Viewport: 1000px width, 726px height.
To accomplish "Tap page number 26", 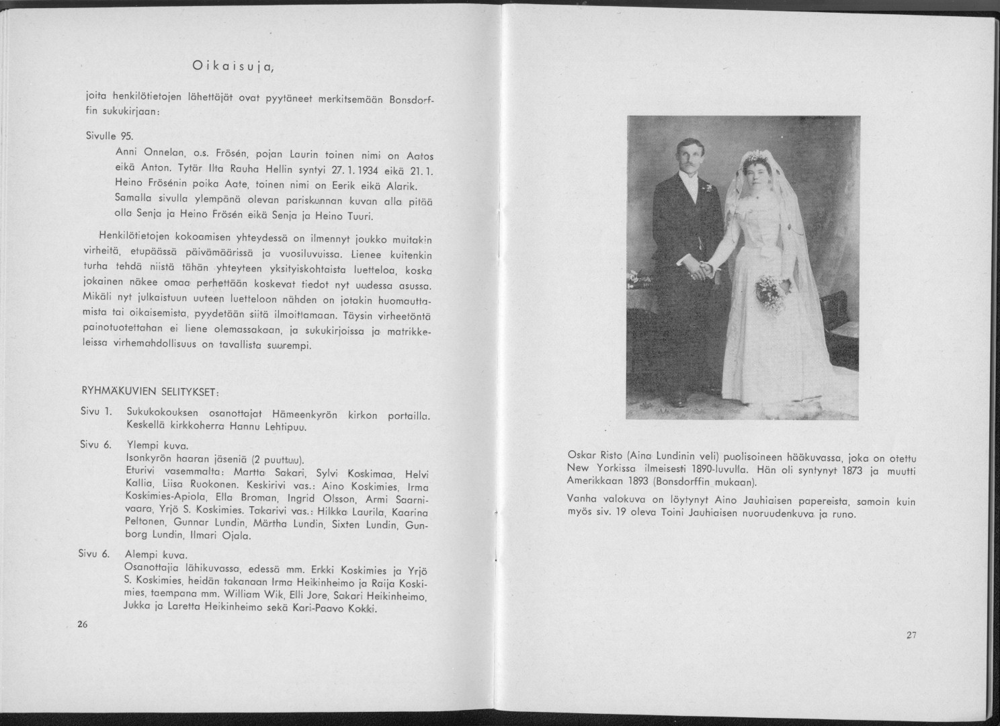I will coord(83,624).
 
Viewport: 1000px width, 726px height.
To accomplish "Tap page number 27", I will coord(911,635).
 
